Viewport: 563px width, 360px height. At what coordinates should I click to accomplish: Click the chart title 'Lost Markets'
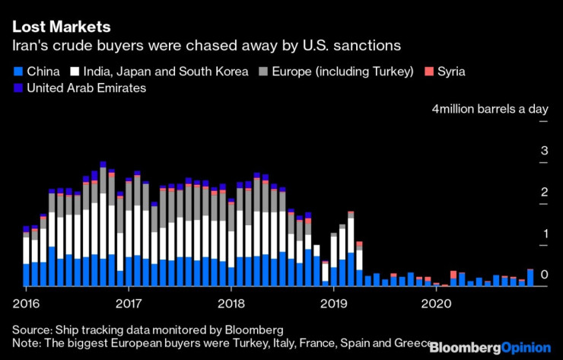point(61,26)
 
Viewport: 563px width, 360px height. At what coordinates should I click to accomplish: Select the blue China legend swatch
point(16,72)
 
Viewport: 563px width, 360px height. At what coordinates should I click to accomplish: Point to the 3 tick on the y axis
point(544,151)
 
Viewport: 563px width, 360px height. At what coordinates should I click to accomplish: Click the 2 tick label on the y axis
point(544,193)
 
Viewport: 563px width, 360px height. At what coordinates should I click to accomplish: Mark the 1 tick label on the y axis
point(544,234)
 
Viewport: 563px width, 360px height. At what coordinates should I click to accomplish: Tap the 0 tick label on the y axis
point(544,275)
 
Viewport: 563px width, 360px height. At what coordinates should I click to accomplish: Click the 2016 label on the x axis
point(26,303)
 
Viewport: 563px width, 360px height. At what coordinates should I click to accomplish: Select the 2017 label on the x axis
point(129,303)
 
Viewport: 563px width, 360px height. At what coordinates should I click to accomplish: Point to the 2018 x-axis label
point(231,303)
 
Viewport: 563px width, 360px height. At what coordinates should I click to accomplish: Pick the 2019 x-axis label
point(333,303)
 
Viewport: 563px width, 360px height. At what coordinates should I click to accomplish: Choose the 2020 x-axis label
point(436,303)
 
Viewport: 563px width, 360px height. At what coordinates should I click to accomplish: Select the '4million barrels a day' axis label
point(489,109)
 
